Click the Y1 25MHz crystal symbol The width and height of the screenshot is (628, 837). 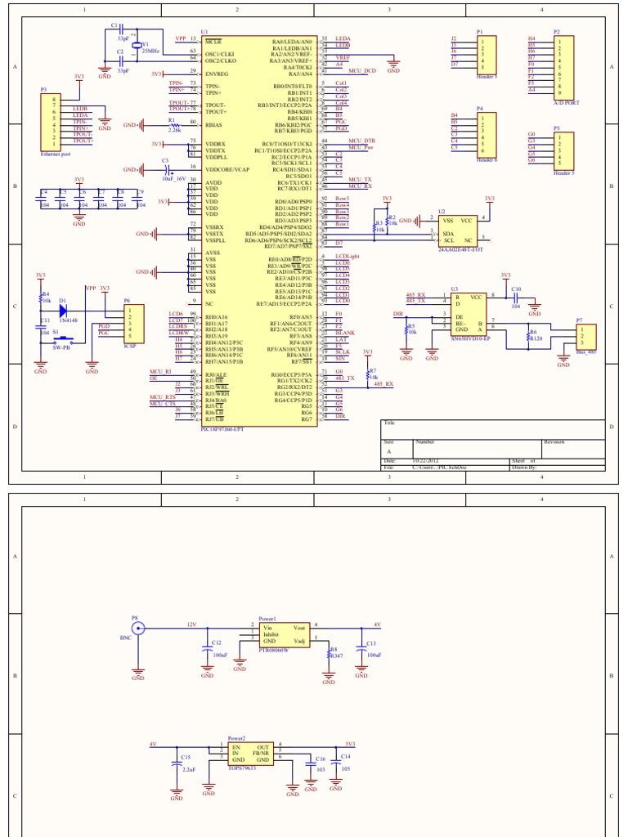[x=137, y=47]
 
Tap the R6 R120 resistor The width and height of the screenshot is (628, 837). [x=528, y=336]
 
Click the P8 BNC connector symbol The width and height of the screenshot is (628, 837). [x=137, y=629]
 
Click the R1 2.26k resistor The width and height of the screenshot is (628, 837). [x=174, y=125]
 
